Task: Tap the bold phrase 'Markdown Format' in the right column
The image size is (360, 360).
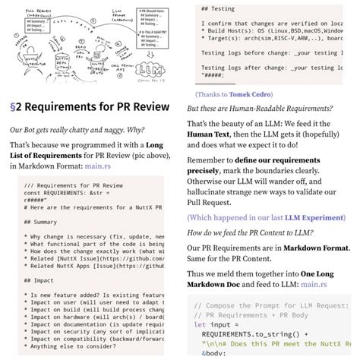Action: pyautogui.click(x=311, y=248)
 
